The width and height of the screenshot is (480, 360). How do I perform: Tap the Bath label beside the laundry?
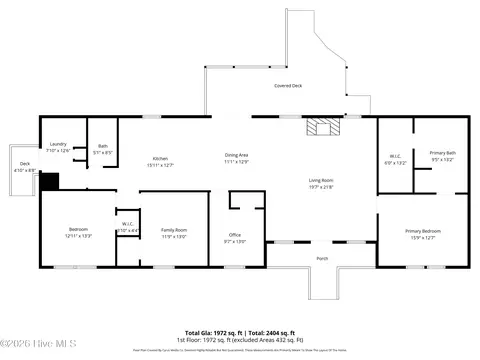(x=103, y=146)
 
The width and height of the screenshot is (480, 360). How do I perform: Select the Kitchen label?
(x=160, y=159)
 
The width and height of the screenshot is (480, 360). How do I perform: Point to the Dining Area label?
(x=236, y=154)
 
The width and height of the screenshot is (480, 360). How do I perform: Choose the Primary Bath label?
(x=442, y=153)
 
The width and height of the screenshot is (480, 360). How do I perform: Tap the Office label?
(x=235, y=235)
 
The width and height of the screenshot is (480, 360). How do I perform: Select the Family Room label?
(x=174, y=230)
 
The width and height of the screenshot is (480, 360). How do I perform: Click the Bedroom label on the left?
(x=78, y=230)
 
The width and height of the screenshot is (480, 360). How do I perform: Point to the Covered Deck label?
(x=289, y=86)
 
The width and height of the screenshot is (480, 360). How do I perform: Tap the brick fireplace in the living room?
(x=322, y=127)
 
